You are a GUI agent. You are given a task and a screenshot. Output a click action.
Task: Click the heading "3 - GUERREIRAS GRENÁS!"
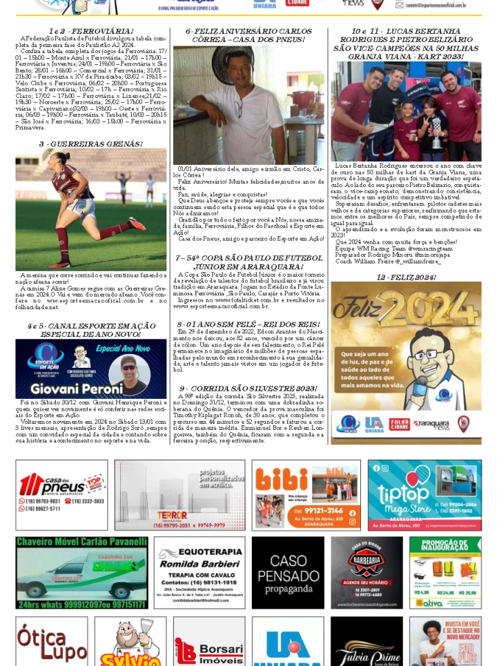click(90, 144)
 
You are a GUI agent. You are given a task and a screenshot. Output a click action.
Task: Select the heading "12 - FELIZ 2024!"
click(406, 277)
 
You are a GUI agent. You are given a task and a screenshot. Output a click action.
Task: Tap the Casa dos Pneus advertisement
click(61, 495)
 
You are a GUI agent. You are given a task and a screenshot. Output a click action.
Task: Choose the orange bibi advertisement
click(306, 495)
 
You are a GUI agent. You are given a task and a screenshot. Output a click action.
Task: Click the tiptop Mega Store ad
click(424, 495)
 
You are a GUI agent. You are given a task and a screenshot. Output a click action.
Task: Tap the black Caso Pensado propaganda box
click(288, 573)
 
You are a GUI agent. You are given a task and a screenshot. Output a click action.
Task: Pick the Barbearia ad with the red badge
click(367, 573)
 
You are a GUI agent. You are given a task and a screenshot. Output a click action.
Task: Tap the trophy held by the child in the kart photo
click(436, 131)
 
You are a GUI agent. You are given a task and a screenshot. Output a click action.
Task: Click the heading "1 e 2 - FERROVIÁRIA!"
click(90, 32)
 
